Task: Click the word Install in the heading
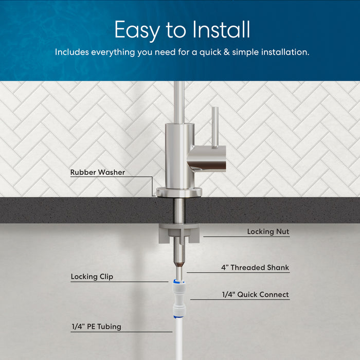tap(221, 30)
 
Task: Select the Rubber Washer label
tap(98, 172)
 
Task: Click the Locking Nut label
tap(268, 232)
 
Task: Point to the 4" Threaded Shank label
tap(255, 267)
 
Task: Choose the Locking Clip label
tap(92, 277)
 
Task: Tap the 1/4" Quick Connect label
tap(255, 295)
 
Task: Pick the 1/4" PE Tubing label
tap(97, 327)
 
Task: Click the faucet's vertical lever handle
tap(215, 127)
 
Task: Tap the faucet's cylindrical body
tap(177, 154)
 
